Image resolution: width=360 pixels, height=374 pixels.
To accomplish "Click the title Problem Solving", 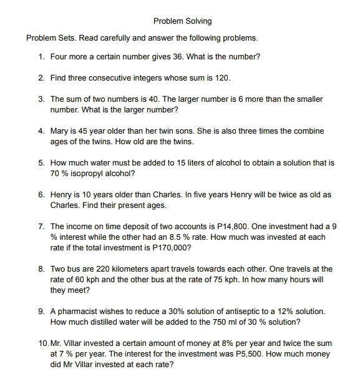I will point(182,21).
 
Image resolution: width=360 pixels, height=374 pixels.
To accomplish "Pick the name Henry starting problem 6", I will point(61,195).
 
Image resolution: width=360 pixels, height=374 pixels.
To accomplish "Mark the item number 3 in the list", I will point(41,99).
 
